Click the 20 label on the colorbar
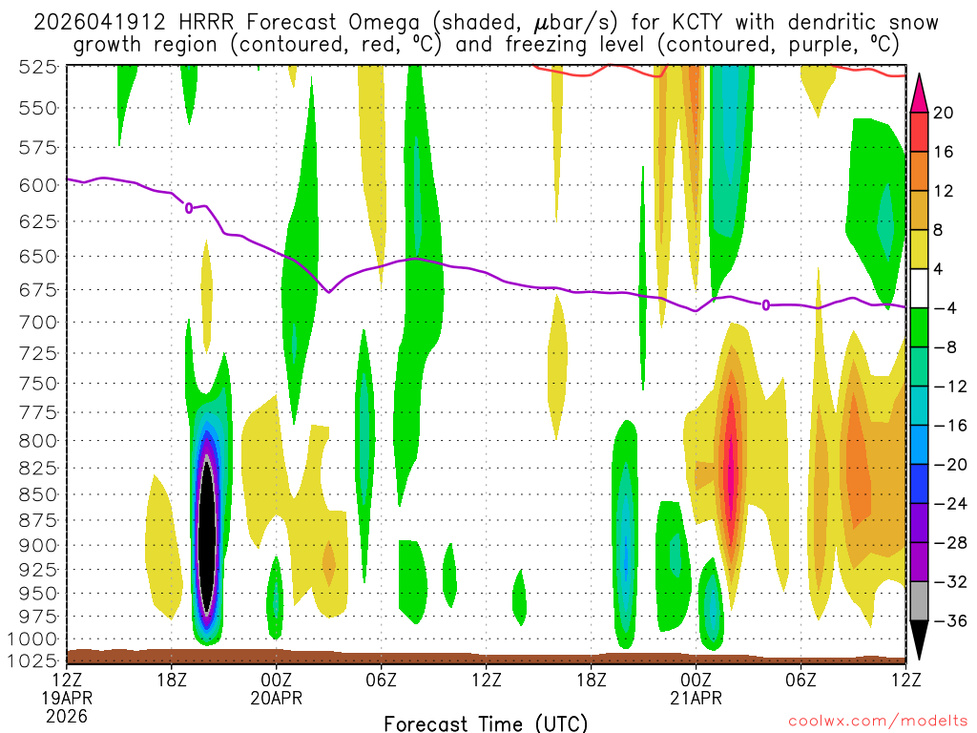pos(944,113)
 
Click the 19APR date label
pos(67,698)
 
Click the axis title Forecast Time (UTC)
pos(486,723)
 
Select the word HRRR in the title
pos(198,22)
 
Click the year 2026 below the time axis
pos(65,715)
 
